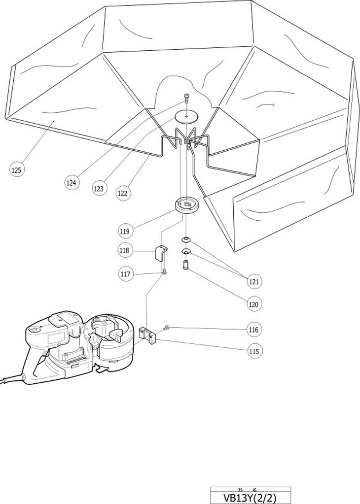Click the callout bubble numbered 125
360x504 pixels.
tap(16, 170)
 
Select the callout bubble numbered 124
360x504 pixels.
tap(72, 183)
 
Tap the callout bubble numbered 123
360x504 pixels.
tap(99, 188)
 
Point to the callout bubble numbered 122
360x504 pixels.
tap(122, 193)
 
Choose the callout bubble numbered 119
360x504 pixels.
tap(125, 230)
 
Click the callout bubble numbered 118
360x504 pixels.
tap(125, 251)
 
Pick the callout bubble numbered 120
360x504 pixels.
tap(253, 304)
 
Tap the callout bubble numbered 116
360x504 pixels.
tap(254, 329)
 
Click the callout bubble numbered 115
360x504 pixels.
tap(254, 351)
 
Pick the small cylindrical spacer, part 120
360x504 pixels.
tap(186, 265)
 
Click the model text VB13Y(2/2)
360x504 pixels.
tap(250, 497)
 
